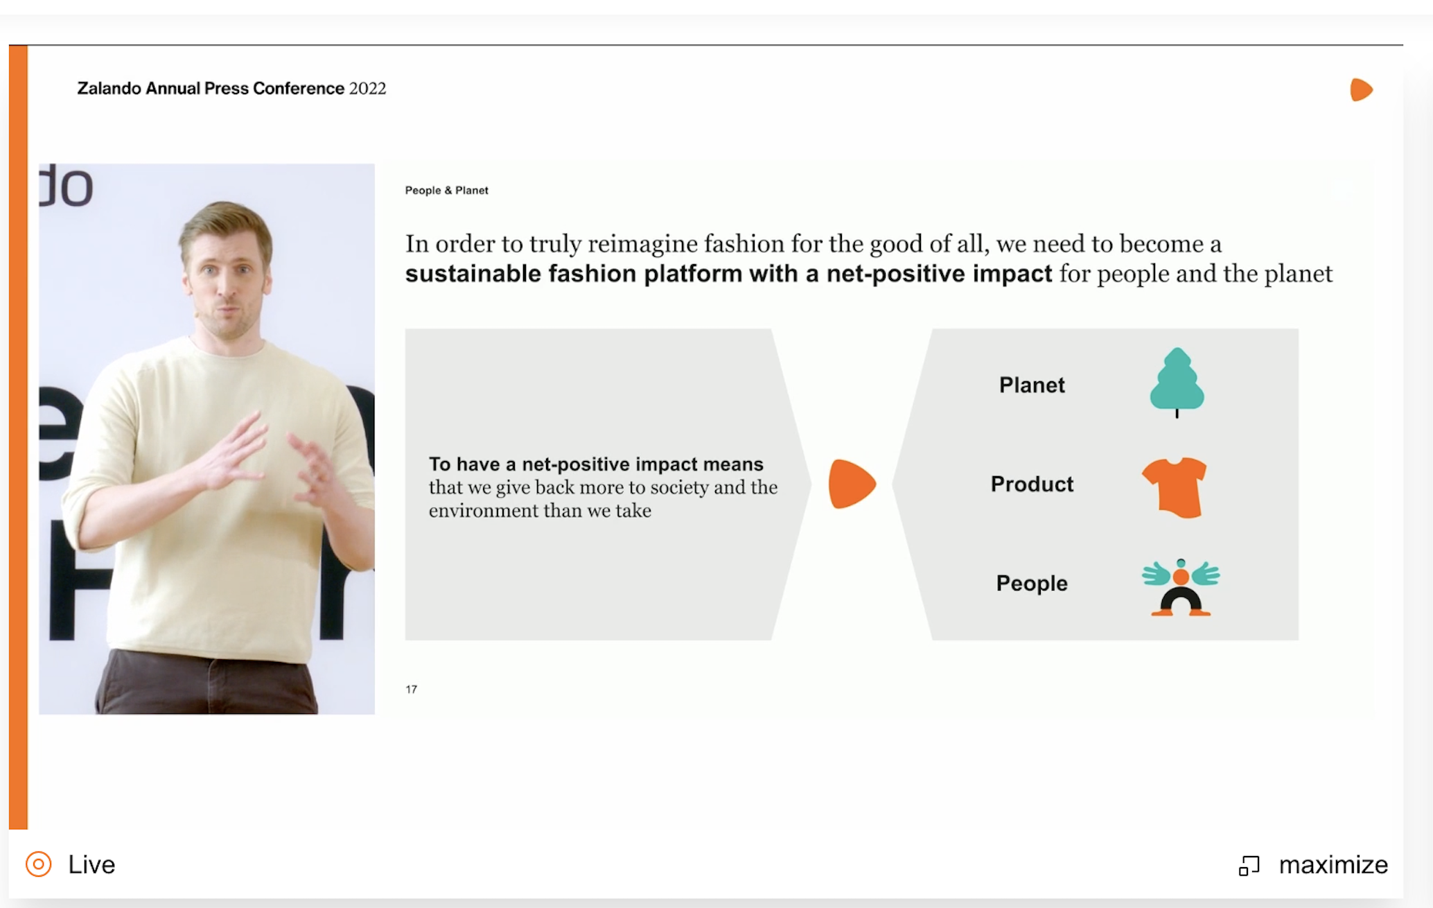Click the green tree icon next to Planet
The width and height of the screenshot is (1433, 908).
tap(1177, 382)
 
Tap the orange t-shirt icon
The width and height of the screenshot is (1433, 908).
tap(1175, 487)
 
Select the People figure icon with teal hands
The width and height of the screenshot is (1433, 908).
tap(1181, 587)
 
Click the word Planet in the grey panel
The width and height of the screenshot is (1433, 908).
tap(1032, 385)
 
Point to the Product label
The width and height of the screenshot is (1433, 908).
tap(1032, 484)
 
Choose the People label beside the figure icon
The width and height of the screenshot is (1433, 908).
tap(1032, 584)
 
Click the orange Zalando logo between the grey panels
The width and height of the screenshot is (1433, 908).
tap(852, 484)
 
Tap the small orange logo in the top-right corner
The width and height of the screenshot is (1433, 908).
tap(1361, 90)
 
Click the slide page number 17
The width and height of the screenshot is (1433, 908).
tap(412, 689)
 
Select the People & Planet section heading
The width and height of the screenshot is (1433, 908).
tap(447, 191)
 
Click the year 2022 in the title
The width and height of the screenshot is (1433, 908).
tap(367, 89)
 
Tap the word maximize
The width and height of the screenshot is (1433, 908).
tap(1333, 865)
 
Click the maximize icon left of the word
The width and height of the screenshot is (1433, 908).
tap(1249, 866)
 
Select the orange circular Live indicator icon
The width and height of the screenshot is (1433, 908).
tap(39, 864)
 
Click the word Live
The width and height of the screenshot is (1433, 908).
tap(91, 864)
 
